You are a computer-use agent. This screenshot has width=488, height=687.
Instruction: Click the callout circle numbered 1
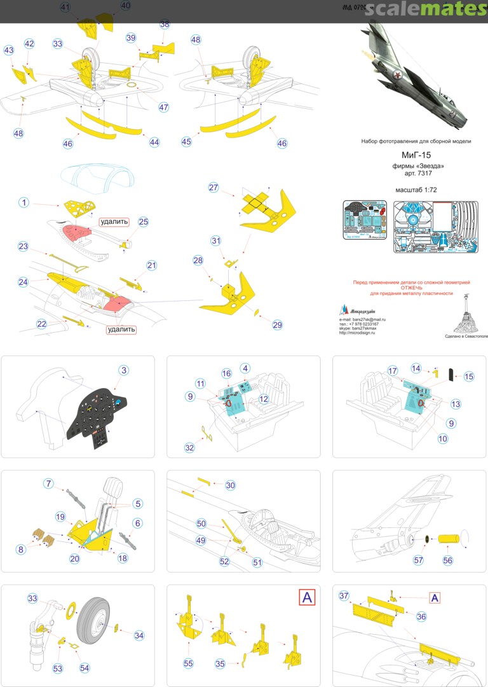(x=24, y=202)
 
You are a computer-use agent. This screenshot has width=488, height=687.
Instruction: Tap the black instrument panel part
(x=98, y=415)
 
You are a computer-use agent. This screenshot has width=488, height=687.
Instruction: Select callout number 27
(x=213, y=187)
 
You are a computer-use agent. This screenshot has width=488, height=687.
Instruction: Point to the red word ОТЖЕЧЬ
(x=411, y=288)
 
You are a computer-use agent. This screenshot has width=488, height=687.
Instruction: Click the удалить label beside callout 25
(x=113, y=223)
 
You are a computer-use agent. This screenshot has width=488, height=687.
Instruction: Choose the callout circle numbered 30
(x=230, y=485)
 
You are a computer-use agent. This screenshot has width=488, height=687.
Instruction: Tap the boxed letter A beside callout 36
(x=435, y=597)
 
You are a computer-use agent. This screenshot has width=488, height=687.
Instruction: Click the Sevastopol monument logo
(x=466, y=313)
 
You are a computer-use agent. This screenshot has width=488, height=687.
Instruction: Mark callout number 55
(x=188, y=663)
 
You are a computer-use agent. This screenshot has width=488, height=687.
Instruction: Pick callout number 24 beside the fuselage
(x=24, y=282)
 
